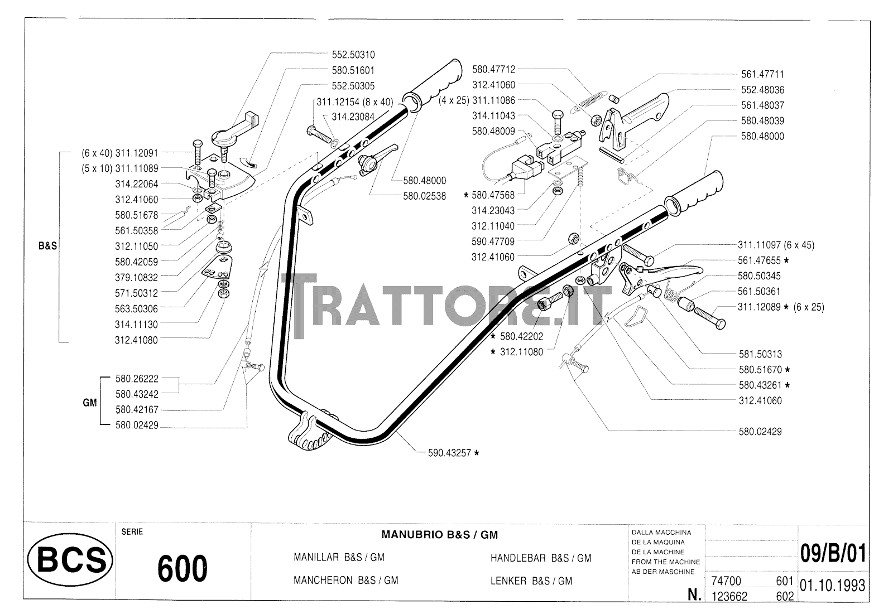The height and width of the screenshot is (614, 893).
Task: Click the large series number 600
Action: pyautogui.click(x=183, y=569)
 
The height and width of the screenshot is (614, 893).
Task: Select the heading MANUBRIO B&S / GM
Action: pyautogui.click(x=439, y=535)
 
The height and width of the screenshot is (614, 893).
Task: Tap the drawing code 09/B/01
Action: pyautogui.click(x=834, y=554)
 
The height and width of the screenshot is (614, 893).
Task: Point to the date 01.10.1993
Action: pyautogui.click(x=832, y=586)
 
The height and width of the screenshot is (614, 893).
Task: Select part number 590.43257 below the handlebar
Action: pyautogui.click(x=446, y=453)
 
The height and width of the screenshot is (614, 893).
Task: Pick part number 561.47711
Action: pyautogui.click(x=759, y=74)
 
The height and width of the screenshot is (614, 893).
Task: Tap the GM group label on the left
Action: pyautogui.click(x=90, y=402)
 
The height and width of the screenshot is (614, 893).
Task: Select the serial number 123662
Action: pyautogui.click(x=731, y=596)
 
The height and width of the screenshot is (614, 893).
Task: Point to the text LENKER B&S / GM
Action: pyautogui.click(x=531, y=581)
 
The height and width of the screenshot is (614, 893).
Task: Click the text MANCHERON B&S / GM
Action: pyautogui.click(x=345, y=581)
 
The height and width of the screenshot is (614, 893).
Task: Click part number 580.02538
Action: pyautogui.click(x=425, y=196)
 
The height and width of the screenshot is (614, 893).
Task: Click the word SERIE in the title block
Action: pyautogui.click(x=132, y=531)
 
